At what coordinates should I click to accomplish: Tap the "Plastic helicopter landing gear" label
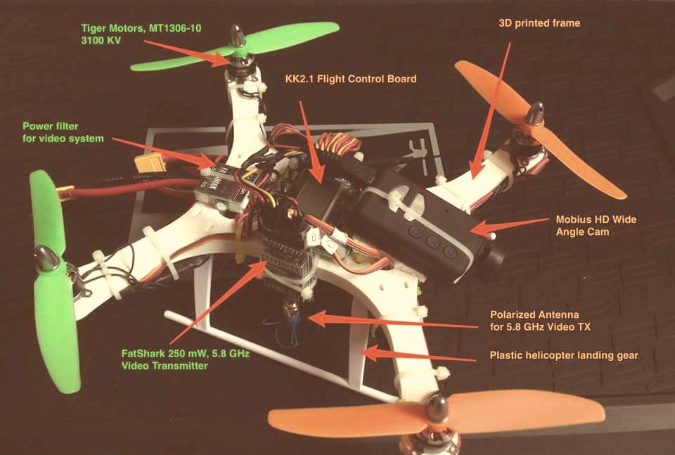(x=564, y=355)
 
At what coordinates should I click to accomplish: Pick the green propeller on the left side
(x=49, y=281)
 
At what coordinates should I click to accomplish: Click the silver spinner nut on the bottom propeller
(x=439, y=404)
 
